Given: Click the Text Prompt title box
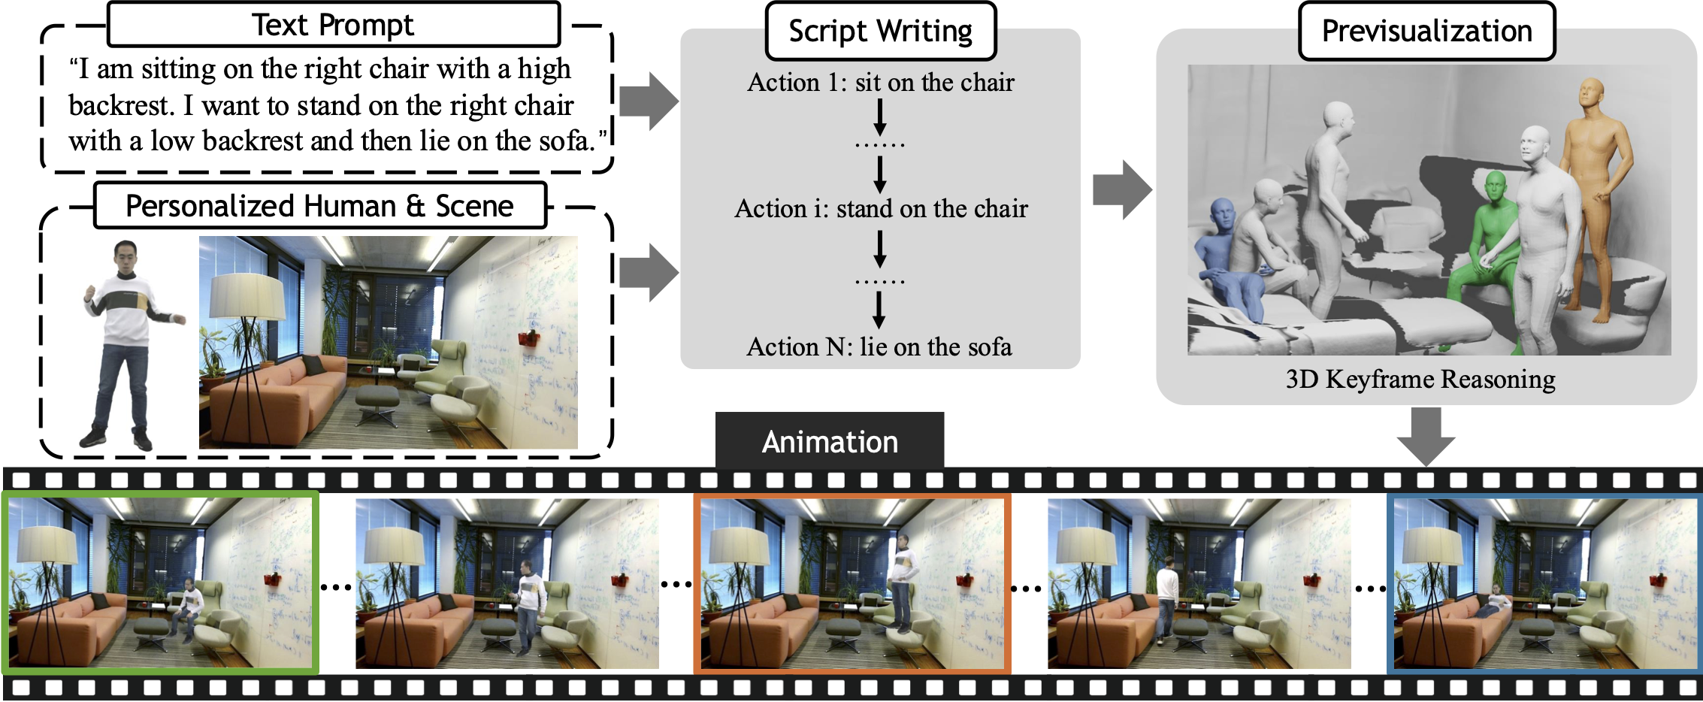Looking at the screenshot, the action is [334, 25].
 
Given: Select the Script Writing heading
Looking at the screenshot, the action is [881, 31].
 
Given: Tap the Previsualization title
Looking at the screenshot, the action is [1427, 31].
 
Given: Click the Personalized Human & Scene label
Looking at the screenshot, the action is [319, 205].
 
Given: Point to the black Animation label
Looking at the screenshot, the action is [830, 441].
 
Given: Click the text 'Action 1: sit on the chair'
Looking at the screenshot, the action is [881, 82].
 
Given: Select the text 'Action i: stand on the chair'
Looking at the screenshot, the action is [881, 208].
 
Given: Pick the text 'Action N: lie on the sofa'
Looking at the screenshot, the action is [879, 346].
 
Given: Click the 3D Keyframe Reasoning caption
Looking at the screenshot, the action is [1420, 379].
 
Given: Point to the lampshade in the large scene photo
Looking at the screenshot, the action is [247, 295].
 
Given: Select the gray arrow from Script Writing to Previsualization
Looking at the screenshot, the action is [1122, 189].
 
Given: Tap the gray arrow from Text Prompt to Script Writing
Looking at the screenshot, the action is [649, 101].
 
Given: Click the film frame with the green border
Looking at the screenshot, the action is [160, 582].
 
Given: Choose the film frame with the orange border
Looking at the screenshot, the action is [852, 582].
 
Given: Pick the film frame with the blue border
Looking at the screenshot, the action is [1545, 582].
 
